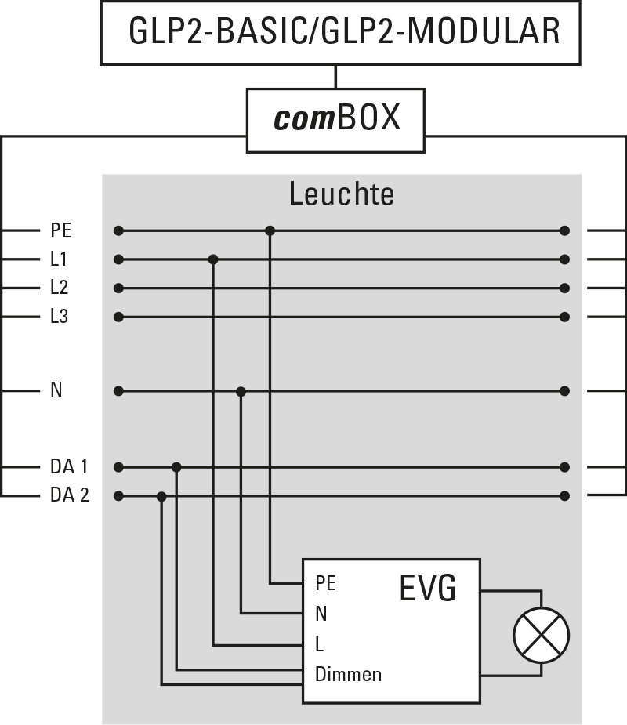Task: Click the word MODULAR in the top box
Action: [485, 32]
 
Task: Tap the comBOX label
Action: [336, 118]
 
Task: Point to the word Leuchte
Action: [341, 194]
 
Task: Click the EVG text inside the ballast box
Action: [427, 589]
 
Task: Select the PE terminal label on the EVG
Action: [325, 584]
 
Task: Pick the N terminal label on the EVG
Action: [321, 614]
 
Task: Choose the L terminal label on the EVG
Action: [319, 644]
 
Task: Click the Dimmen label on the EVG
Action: [348, 674]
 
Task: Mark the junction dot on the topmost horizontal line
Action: [270, 230]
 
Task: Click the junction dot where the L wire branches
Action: [213, 259]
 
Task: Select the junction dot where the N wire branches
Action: [241, 391]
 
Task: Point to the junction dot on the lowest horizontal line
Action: [161, 496]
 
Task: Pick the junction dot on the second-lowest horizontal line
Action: [176, 467]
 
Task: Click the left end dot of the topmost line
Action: [118, 230]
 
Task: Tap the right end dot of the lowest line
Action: [564, 496]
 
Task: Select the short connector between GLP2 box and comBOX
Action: [335, 75]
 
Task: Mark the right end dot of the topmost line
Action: [564, 230]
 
